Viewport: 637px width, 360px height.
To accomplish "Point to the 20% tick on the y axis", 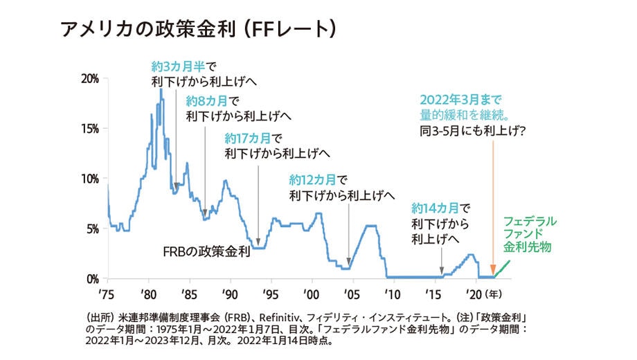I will pos(91,78).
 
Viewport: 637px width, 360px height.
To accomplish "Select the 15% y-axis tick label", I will pos(91,129).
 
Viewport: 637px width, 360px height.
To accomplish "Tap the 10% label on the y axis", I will pos(91,179).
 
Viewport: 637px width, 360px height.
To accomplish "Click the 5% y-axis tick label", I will pos(93,229).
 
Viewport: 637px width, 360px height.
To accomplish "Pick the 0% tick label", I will pos(93,279).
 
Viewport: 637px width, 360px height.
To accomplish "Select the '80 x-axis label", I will pos(147,293).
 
